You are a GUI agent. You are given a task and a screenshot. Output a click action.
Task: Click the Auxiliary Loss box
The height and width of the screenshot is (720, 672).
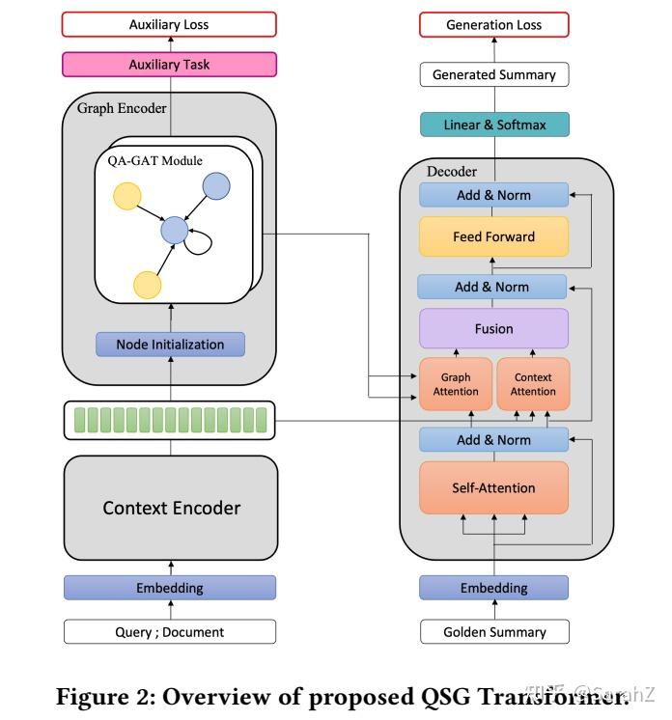(x=169, y=24)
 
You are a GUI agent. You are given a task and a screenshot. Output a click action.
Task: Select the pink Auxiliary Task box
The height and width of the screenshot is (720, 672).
(x=169, y=65)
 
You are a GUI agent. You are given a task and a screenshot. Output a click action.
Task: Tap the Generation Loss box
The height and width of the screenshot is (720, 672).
(x=493, y=24)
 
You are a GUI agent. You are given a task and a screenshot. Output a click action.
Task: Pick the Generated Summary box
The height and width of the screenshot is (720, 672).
(x=493, y=74)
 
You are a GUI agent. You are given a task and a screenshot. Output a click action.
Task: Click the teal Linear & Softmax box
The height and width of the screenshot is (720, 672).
(x=493, y=125)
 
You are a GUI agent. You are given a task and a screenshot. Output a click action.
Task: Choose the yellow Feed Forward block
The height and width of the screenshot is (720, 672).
(x=493, y=236)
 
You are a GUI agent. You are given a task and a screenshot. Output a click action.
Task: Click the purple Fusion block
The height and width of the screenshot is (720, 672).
(x=493, y=328)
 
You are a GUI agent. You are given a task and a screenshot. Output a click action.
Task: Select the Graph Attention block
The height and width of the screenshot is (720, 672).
(x=456, y=384)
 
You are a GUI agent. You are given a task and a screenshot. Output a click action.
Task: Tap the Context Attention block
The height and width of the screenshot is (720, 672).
(x=532, y=384)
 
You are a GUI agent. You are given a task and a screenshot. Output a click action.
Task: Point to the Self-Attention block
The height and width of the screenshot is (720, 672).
(x=493, y=487)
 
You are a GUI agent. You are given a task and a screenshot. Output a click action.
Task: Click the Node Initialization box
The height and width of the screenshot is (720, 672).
(x=170, y=344)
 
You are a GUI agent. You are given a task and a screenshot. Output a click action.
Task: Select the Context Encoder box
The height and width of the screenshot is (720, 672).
(x=171, y=508)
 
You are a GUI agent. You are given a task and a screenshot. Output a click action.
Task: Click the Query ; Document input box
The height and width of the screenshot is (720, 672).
(x=169, y=632)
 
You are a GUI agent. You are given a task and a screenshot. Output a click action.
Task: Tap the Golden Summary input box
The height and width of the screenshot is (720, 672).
(x=493, y=632)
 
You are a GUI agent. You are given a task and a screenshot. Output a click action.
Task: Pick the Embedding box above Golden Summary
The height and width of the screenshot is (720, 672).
(x=493, y=587)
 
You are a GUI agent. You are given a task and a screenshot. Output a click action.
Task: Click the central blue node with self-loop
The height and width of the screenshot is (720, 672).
(x=174, y=230)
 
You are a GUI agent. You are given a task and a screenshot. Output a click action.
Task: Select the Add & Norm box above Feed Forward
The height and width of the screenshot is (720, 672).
(x=493, y=195)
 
